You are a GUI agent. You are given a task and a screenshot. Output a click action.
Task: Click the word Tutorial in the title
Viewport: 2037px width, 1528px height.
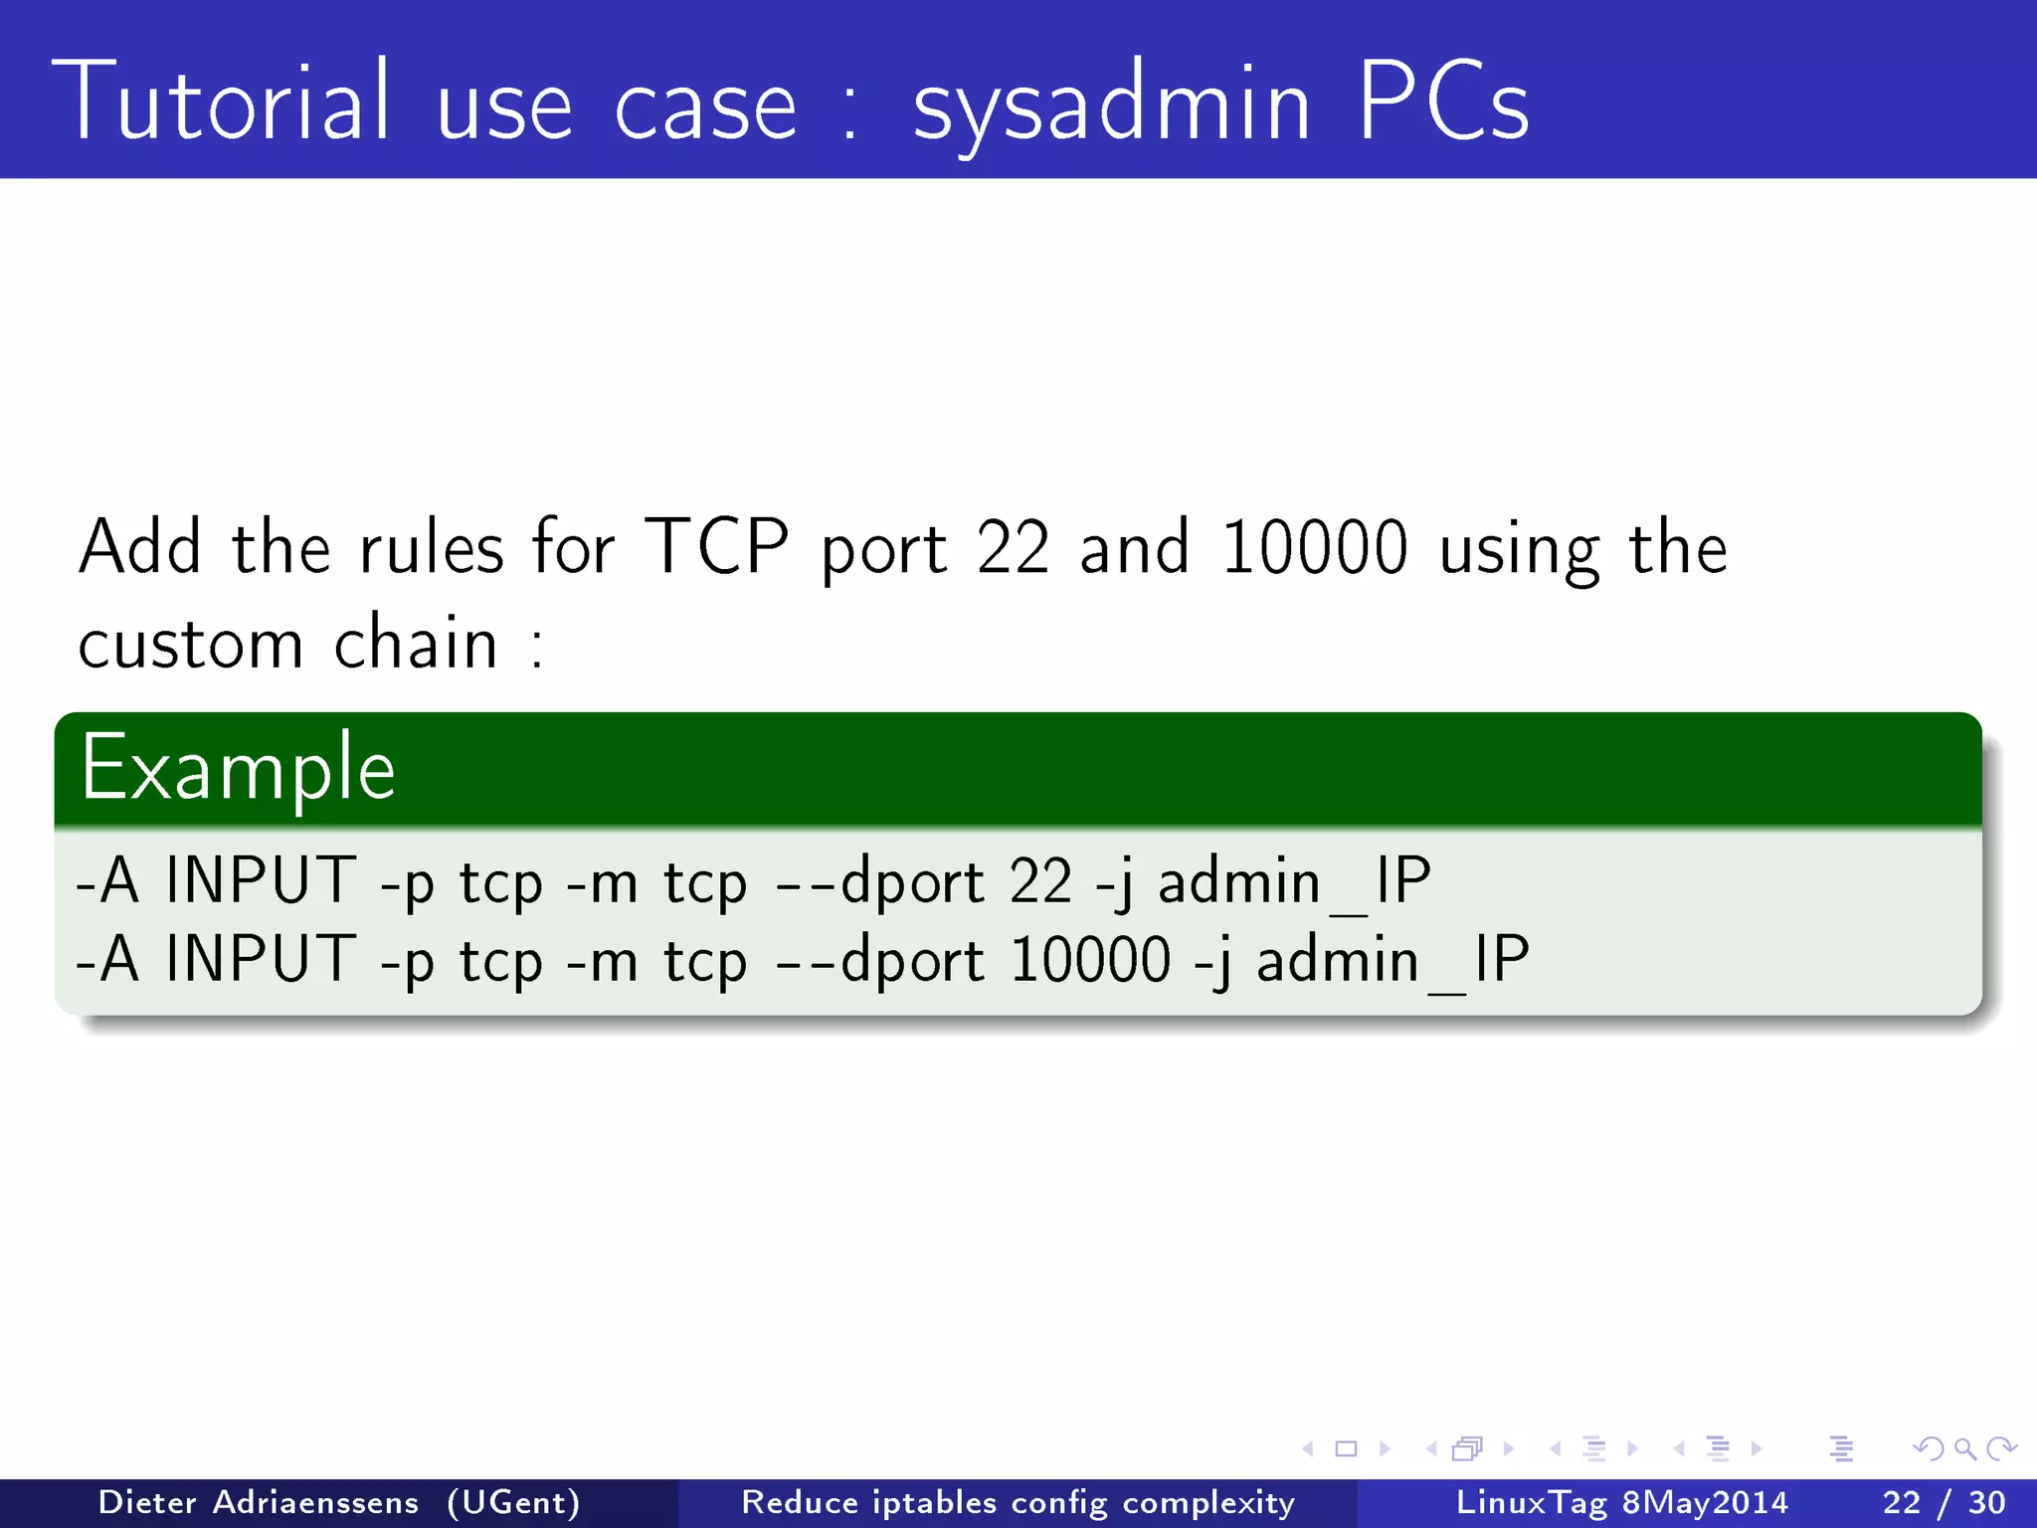[x=221, y=101]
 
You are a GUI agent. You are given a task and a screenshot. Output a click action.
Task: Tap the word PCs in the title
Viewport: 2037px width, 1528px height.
[x=1442, y=101]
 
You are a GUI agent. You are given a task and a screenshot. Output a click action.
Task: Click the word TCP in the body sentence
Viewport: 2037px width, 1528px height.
[x=716, y=547]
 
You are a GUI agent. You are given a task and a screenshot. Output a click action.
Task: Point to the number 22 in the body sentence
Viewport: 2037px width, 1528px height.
[x=1013, y=547]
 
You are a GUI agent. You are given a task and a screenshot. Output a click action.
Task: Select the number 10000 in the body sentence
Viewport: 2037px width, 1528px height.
[x=1314, y=547]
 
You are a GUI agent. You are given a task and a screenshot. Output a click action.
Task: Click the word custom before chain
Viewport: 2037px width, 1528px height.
[x=190, y=644]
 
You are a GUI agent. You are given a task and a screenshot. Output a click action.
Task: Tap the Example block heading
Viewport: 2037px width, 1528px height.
[x=239, y=768]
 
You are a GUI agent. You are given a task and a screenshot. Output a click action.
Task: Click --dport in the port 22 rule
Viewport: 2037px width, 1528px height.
[x=879, y=882]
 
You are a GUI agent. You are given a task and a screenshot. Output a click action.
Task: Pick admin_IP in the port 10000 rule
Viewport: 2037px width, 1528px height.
[x=1392, y=961]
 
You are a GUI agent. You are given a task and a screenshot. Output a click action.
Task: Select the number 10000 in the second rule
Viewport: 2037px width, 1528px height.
[x=1090, y=960]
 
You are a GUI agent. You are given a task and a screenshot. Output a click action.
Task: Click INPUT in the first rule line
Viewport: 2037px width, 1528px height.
[x=261, y=880]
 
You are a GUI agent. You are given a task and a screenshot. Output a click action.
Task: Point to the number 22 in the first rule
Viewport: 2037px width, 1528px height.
[x=1040, y=881]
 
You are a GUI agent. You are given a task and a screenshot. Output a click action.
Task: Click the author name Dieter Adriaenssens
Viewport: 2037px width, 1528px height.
[x=259, y=1502]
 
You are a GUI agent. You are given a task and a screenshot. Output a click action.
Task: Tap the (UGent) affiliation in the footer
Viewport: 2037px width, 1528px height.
[x=513, y=1502]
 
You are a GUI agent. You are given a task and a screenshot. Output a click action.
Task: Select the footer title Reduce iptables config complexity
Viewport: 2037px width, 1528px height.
[x=1018, y=1502]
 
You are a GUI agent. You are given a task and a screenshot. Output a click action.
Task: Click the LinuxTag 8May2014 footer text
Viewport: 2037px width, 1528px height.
[x=1621, y=1502]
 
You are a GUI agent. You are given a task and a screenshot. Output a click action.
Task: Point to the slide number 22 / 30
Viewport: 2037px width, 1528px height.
[x=1944, y=1502]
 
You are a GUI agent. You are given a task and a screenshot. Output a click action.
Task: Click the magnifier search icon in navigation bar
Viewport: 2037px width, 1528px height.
[x=1964, y=1448]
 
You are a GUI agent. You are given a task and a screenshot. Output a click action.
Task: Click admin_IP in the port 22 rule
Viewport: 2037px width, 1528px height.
[x=1294, y=882]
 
